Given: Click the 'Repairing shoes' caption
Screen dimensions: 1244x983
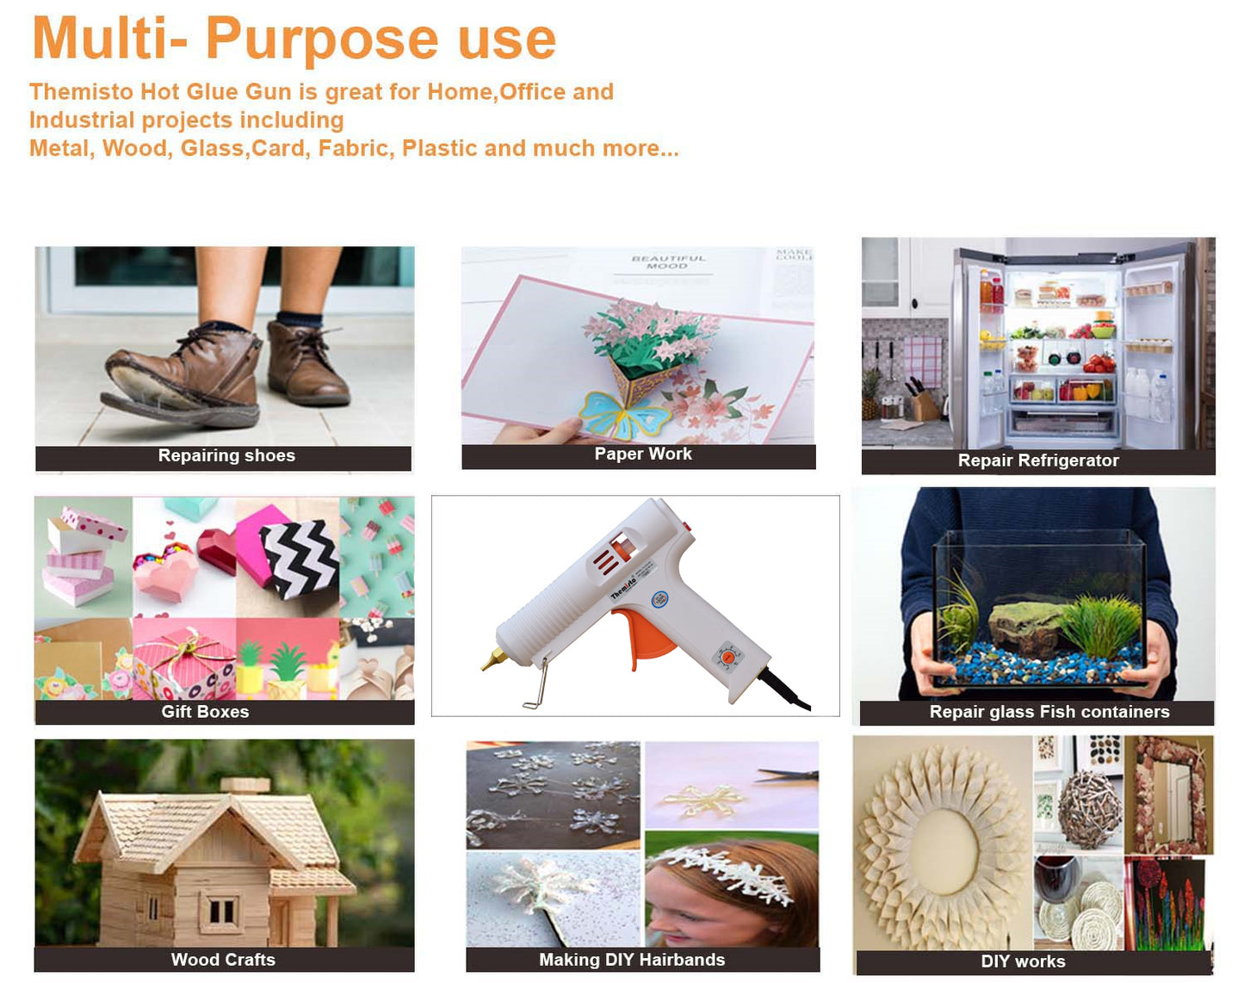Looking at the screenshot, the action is click(226, 455).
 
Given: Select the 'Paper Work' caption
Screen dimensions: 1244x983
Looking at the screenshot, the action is click(643, 454).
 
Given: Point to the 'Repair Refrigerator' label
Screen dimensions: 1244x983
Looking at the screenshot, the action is click(1038, 461).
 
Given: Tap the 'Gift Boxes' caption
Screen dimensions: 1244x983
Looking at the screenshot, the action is click(205, 711).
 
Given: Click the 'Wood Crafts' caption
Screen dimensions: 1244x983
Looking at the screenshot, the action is click(223, 959).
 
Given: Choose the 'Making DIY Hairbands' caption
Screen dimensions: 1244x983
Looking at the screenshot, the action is click(632, 959).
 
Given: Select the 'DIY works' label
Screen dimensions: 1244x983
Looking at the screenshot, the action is click(1023, 961).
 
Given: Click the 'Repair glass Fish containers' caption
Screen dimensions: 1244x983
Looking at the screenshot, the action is click(1049, 711).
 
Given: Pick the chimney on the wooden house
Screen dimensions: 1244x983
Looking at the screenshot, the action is click(245, 785).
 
